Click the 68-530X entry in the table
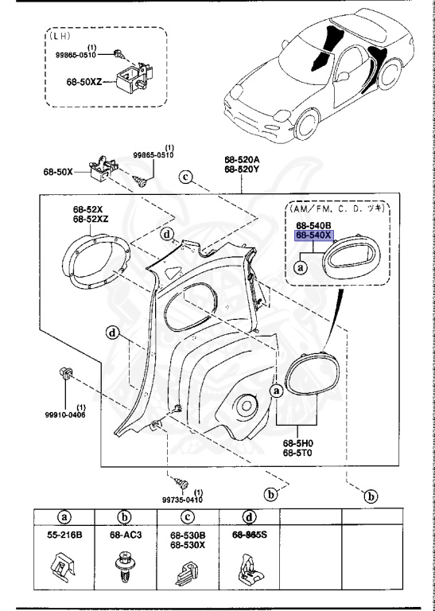pos(189,545)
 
